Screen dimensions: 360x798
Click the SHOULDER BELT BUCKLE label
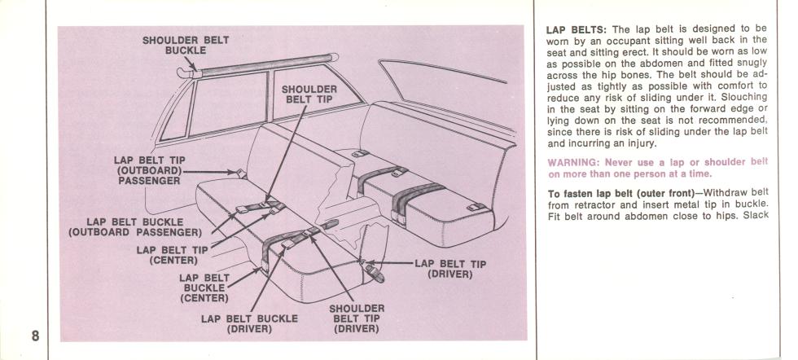pyautogui.click(x=186, y=44)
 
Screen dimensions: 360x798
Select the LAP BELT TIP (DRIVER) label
pyautogui.click(x=451, y=268)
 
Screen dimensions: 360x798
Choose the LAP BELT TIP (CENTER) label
pyautogui.click(x=173, y=254)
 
